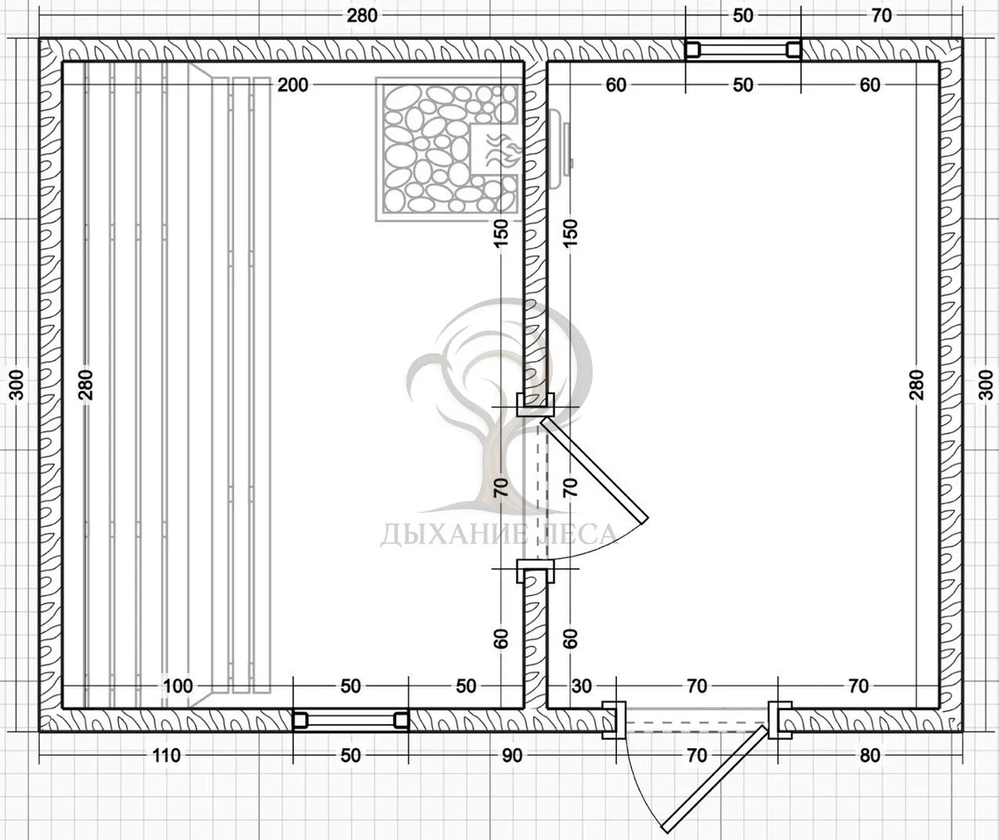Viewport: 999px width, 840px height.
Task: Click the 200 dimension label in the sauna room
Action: coord(293,85)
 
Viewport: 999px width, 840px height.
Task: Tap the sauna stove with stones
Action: coord(447,149)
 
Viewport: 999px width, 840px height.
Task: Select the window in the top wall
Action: coord(743,49)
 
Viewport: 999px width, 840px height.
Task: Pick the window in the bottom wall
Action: coord(350,720)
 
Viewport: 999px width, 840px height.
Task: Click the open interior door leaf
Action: coord(594,470)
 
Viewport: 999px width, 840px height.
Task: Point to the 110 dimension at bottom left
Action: coord(166,756)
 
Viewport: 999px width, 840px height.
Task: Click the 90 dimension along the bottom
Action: coord(512,756)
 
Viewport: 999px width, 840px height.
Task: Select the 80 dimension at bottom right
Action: coord(870,756)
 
